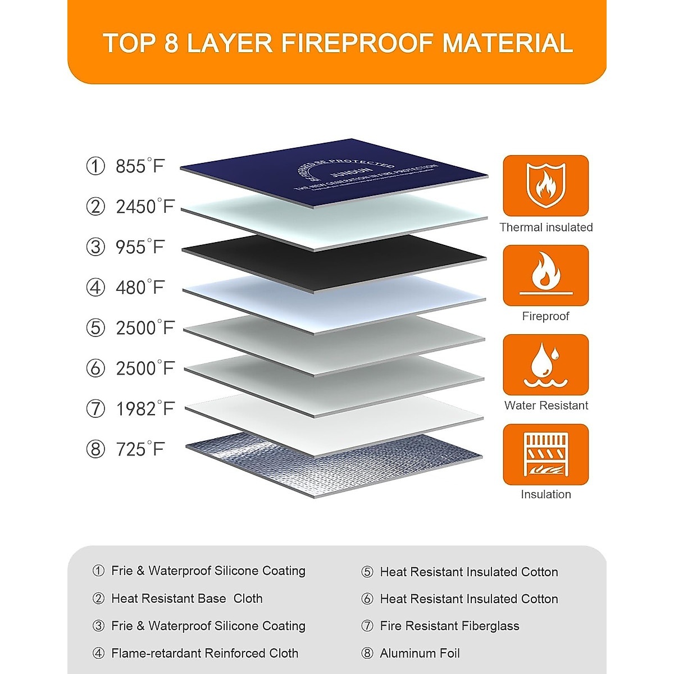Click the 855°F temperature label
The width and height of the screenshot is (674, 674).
coord(140,166)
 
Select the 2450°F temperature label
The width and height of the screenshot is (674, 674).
coord(145,207)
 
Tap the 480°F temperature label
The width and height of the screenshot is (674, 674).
coord(140,288)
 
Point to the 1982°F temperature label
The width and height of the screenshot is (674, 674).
coord(145,409)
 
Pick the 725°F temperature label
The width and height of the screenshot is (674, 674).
coord(140,449)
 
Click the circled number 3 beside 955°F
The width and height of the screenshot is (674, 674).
coord(95,247)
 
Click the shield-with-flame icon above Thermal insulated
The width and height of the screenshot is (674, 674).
coord(545,186)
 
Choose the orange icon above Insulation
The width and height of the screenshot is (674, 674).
coord(545,454)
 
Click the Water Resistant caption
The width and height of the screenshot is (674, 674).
coord(546,406)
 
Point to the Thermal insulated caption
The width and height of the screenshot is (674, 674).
coord(546,227)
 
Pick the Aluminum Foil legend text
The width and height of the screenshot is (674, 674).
coord(420,653)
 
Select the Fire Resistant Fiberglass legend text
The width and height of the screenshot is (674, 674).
coord(449,626)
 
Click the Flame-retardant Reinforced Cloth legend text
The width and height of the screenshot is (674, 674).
coord(204,653)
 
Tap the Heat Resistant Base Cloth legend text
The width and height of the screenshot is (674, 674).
coord(186,599)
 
